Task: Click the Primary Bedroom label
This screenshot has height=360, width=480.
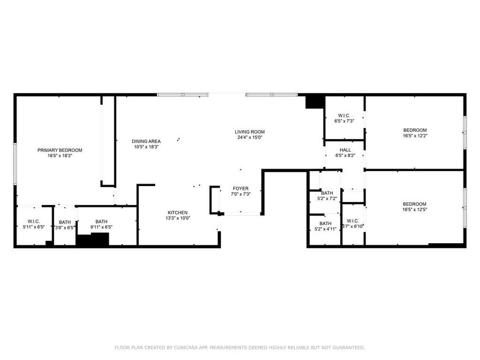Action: [60, 150]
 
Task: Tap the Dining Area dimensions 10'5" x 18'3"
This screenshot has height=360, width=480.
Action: [146, 147]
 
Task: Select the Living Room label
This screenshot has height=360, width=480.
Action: [250, 132]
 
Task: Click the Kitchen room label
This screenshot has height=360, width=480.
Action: [178, 212]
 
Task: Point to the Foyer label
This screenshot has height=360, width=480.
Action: [240, 188]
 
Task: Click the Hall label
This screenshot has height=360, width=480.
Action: [345, 150]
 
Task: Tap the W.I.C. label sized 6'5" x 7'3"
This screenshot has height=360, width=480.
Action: [344, 116]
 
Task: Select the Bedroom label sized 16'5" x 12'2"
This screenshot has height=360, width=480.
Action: [414, 130]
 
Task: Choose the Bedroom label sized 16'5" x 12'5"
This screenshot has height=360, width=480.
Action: [414, 204]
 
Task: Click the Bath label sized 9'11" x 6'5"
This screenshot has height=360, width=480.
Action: [101, 221]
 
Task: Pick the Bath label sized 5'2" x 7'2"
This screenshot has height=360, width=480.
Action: [327, 193]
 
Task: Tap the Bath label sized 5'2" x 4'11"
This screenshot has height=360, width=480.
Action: [325, 223]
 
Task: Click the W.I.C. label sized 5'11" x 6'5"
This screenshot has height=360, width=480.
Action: [31, 221]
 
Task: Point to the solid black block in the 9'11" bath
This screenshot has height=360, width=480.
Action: [92, 239]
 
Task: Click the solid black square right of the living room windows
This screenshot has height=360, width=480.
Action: [315, 101]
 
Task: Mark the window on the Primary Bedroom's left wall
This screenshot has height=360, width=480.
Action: [15, 164]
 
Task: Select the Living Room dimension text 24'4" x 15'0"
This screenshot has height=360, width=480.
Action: [250, 138]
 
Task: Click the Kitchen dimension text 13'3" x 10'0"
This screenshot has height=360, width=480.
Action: [178, 218]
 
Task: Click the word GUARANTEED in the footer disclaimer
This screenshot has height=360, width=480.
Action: [346, 348]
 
